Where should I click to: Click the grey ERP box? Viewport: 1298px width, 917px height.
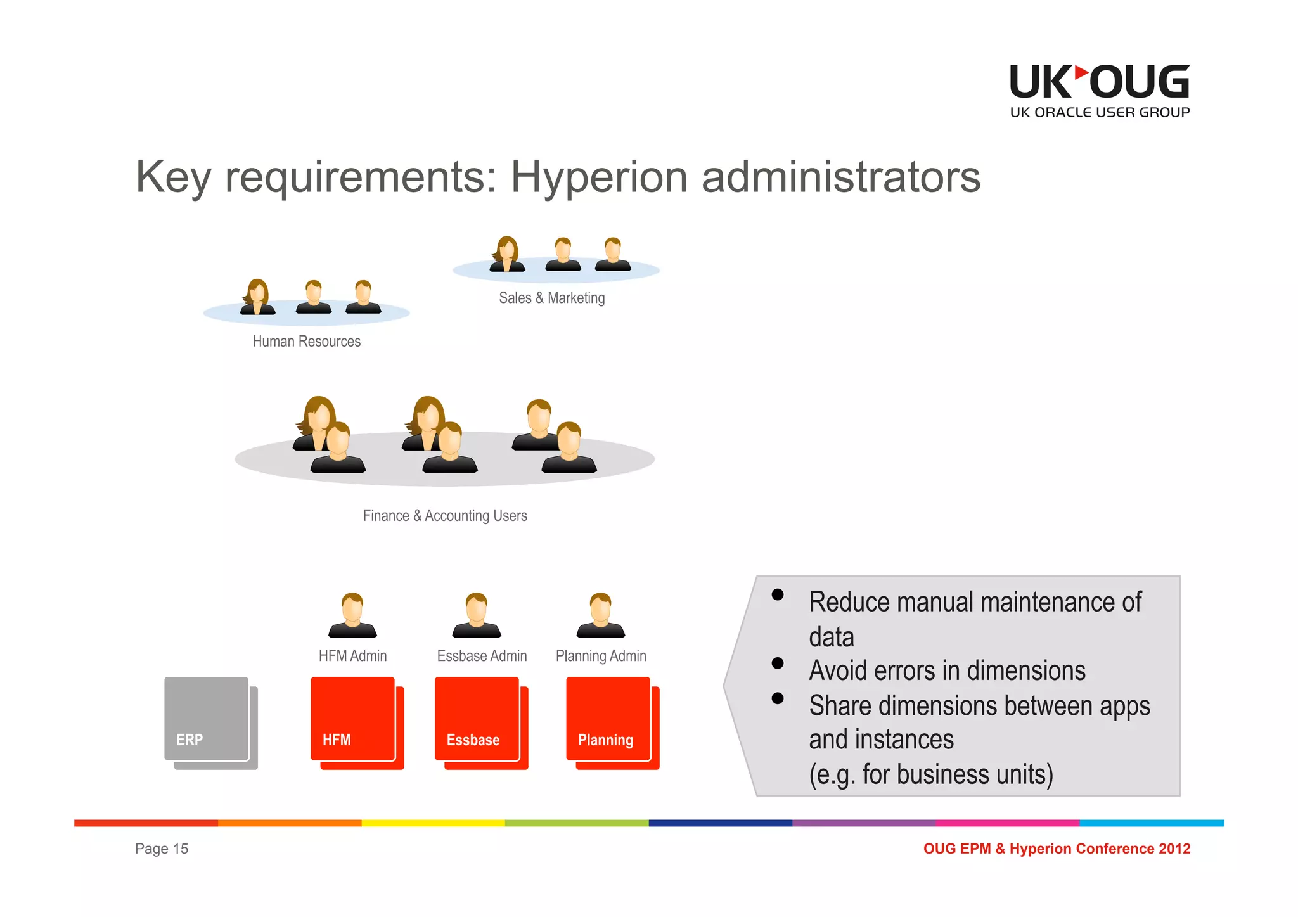[207, 720]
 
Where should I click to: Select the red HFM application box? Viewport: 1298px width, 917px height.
[354, 720]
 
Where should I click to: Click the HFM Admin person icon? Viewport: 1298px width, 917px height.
[352, 615]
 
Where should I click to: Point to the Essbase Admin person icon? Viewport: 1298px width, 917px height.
[477, 615]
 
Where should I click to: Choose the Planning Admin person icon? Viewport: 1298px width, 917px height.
[601, 615]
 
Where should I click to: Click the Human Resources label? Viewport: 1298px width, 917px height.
[306, 342]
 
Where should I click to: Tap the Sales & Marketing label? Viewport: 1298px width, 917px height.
[551, 298]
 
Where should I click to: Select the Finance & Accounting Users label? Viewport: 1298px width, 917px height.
[445, 516]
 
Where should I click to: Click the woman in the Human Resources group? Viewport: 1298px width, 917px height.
[257, 297]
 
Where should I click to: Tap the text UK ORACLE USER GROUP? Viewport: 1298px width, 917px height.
[1100, 113]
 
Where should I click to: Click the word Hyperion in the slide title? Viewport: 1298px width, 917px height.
[599, 177]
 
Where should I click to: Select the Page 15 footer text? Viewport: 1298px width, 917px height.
[162, 849]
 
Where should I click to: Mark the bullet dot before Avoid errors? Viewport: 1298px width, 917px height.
[778, 664]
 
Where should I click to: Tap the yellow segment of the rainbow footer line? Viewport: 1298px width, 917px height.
[433, 823]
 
